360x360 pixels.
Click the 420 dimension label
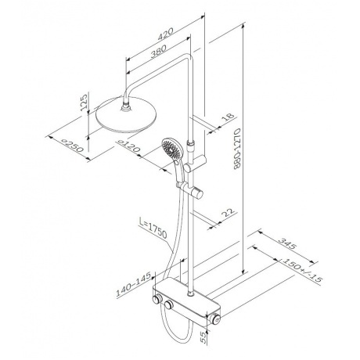click(165, 34)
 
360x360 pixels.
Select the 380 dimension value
click(158, 51)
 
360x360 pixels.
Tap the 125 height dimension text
click(84, 103)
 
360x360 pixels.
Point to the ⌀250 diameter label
click(72, 146)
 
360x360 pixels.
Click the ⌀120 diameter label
click(129, 146)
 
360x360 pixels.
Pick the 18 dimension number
click(228, 117)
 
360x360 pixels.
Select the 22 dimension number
click(228, 213)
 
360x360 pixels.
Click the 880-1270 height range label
click(237, 149)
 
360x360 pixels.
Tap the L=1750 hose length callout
click(153, 229)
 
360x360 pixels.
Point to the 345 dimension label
click(286, 243)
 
